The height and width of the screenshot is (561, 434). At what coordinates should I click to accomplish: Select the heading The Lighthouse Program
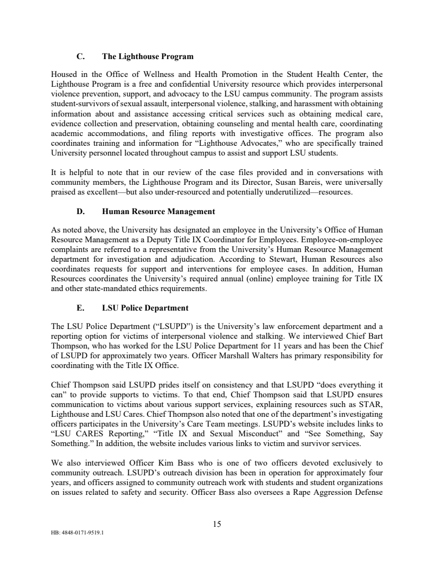(148, 56)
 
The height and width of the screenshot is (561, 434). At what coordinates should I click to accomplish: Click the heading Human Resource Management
(158, 211)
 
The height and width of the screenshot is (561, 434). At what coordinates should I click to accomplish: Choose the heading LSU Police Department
(145, 308)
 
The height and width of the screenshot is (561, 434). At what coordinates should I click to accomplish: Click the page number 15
(217, 524)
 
